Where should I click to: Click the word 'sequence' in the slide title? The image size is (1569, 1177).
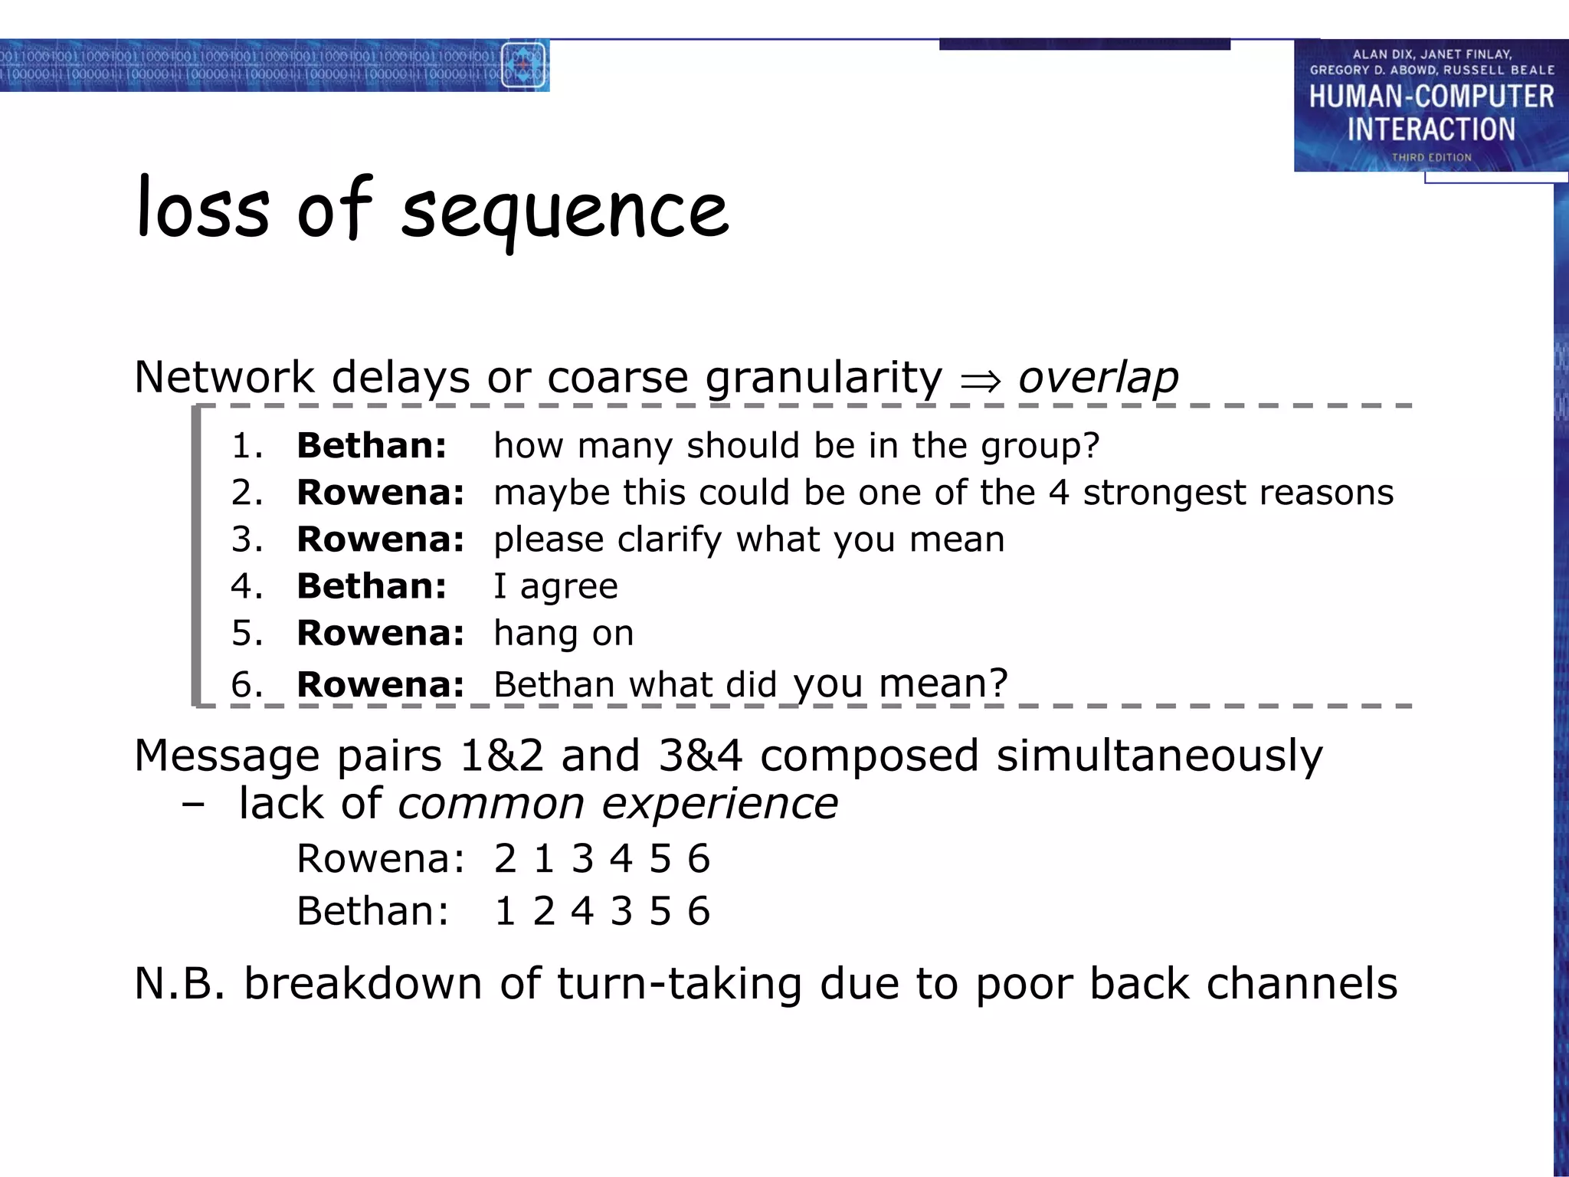click(565, 211)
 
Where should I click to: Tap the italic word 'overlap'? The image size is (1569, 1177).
click(1097, 377)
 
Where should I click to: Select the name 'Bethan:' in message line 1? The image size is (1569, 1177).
click(372, 445)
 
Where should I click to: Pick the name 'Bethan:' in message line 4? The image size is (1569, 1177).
click(372, 586)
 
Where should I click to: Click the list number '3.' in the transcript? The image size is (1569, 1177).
click(247, 539)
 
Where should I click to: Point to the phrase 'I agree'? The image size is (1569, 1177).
click(555, 586)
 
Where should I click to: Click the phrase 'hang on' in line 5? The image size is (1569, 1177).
click(563, 634)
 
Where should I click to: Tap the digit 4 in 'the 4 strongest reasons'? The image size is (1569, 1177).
click(1059, 492)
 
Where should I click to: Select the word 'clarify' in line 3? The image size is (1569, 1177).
click(669, 539)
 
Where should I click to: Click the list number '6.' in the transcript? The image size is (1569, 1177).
click(247, 684)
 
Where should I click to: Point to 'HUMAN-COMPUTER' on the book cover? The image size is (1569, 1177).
click(1430, 97)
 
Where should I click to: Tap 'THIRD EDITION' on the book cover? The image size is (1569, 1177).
click(1431, 157)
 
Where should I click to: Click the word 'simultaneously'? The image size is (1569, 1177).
click(1158, 756)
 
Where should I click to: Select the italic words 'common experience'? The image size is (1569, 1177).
click(617, 804)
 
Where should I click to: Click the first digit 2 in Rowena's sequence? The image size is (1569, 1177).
click(505, 858)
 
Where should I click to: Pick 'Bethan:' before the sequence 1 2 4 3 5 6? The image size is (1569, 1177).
click(372, 911)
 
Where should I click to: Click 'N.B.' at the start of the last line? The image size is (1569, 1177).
click(179, 983)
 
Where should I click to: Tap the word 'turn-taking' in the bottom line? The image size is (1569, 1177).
click(679, 983)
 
